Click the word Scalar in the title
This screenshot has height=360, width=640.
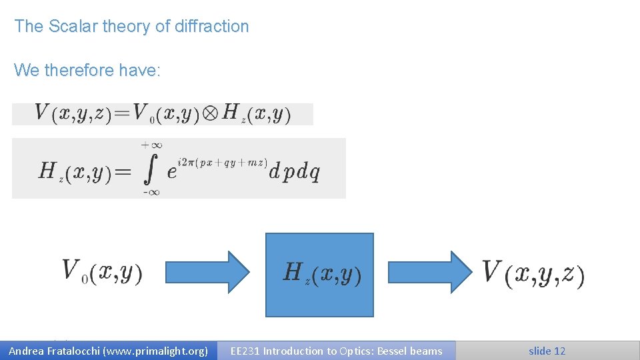tap(70, 27)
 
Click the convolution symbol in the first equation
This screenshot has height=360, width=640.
tap(210, 113)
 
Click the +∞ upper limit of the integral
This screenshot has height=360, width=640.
tap(152, 145)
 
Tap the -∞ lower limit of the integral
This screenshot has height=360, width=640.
tap(151, 193)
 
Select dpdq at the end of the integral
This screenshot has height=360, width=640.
tap(294, 172)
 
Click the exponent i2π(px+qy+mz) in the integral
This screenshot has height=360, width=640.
tap(223, 163)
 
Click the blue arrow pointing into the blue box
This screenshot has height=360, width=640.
tap(207, 272)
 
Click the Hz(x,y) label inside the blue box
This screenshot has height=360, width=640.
tap(322, 273)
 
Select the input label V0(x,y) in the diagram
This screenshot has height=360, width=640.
tap(102, 272)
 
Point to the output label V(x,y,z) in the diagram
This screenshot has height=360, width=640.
tap(533, 273)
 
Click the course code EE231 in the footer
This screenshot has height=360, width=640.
tap(245, 351)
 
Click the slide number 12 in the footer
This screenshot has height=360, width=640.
tap(559, 351)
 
